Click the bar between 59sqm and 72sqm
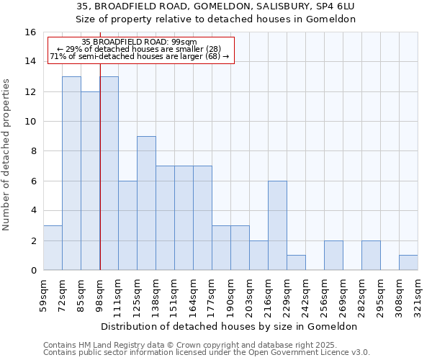[53, 248]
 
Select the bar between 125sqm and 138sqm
[146, 203]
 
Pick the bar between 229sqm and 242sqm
[296, 263]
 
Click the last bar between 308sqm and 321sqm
[408, 263]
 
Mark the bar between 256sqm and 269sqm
[333, 256]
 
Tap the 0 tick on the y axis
[33, 271]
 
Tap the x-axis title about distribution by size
[230, 326]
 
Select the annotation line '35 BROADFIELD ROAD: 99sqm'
[139, 42]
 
